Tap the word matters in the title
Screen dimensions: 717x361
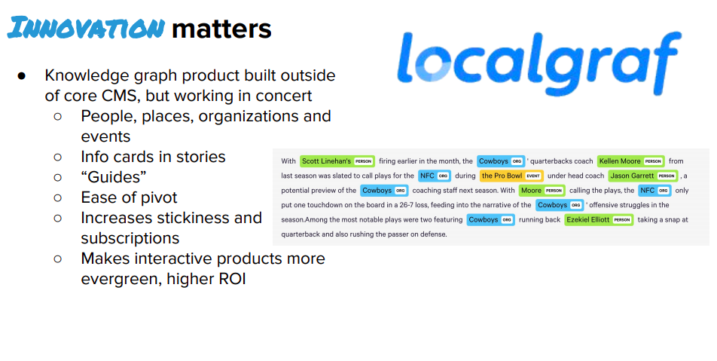point(221,29)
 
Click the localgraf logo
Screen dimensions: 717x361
point(539,63)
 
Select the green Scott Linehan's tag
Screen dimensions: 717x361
point(337,161)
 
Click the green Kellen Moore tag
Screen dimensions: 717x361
point(631,161)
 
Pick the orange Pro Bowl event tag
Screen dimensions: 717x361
point(511,176)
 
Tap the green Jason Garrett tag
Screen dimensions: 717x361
point(643,176)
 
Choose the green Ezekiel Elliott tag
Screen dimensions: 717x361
point(599,219)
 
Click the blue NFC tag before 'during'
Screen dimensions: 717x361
point(435,176)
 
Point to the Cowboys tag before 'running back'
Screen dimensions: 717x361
point(490,219)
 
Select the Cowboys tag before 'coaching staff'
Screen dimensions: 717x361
point(384,191)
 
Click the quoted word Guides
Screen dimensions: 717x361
point(114,176)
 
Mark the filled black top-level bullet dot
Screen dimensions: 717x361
point(22,76)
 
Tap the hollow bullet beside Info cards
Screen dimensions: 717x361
point(57,157)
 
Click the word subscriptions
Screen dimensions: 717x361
point(130,238)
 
